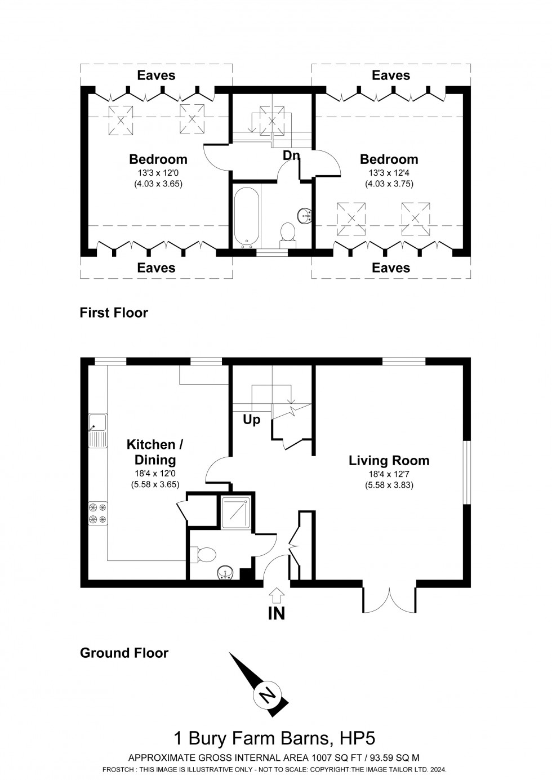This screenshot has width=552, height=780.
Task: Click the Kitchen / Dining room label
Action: pyautogui.click(x=154, y=452)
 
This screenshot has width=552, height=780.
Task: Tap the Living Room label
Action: pyautogui.click(x=389, y=461)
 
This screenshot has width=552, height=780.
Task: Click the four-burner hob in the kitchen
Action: pyautogui.click(x=97, y=512)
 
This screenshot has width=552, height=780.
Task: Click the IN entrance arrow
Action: pyautogui.click(x=277, y=595)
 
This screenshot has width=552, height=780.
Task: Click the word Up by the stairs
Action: pyautogui.click(x=251, y=420)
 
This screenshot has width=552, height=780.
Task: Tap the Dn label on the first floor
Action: pyautogui.click(x=291, y=155)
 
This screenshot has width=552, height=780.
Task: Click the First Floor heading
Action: pyautogui.click(x=114, y=313)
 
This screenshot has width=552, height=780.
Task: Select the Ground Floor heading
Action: pyautogui.click(x=124, y=653)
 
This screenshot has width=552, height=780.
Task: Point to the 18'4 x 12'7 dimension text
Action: pyautogui.click(x=389, y=475)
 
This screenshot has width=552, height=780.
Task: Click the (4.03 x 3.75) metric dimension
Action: pyautogui.click(x=391, y=184)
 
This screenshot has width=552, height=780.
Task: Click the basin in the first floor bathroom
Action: pyautogui.click(x=305, y=215)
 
